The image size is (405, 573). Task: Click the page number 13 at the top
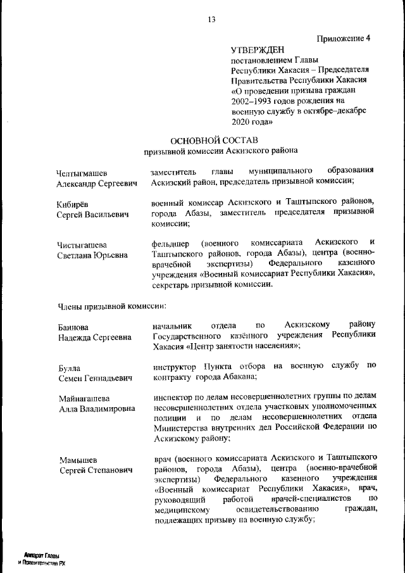(x=211, y=19)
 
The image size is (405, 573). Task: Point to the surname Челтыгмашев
(x=82, y=173)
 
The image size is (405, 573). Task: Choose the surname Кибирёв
(x=72, y=204)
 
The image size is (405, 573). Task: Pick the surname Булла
(x=68, y=368)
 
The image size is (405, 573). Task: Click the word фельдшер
(x=170, y=243)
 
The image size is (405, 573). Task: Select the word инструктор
(x=175, y=366)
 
